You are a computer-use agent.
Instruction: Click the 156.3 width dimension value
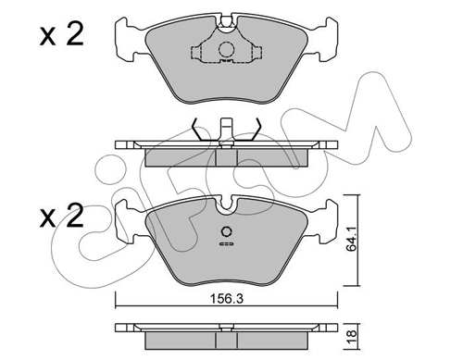(x=227, y=299)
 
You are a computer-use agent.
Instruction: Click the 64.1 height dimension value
(x=351, y=238)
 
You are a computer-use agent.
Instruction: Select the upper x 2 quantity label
(x=62, y=35)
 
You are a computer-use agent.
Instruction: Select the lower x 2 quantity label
(x=62, y=216)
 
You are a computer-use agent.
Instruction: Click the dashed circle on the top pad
(x=227, y=49)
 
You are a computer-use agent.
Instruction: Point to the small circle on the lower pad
(x=227, y=231)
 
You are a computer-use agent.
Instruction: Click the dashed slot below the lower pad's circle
(x=227, y=244)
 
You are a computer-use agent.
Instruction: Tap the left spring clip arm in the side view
(x=198, y=130)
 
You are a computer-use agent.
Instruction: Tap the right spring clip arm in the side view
(x=255, y=130)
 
